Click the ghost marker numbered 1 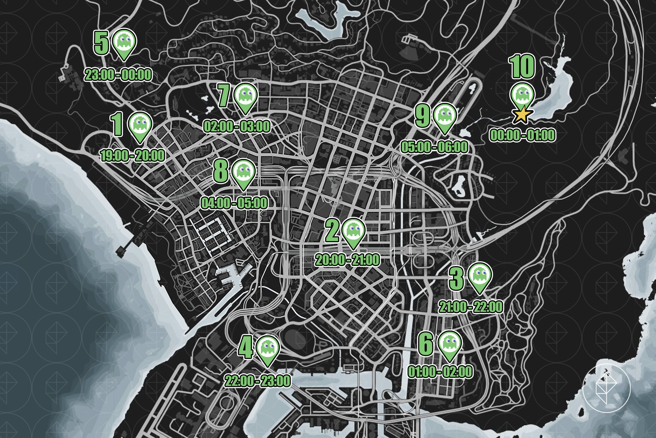(140, 124)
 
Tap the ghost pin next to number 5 (124, 42)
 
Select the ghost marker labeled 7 (246, 96)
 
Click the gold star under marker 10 (522, 115)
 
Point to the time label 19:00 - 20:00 (132, 155)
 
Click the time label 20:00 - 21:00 (347, 260)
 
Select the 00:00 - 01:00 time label (522, 135)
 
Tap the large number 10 (522, 67)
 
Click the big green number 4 (245, 348)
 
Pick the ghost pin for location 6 (450, 343)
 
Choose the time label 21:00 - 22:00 (471, 307)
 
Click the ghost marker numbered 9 (444, 116)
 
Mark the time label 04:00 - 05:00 (234, 203)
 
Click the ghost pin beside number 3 (480, 275)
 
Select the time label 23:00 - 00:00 (118, 75)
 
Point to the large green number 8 (221, 171)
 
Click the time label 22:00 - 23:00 (258, 381)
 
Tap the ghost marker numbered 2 (353, 230)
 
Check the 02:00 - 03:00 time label (237, 127)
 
